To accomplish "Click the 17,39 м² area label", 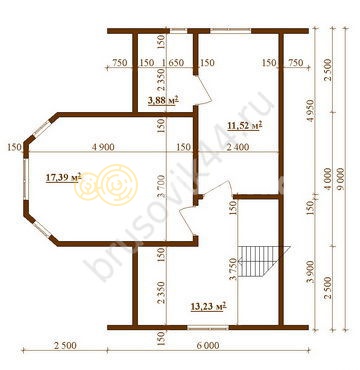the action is (63, 178).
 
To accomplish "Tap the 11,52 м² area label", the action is (245, 126).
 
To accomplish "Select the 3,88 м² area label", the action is (162, 100).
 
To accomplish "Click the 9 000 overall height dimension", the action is (341, 179).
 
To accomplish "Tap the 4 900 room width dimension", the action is (102, 147).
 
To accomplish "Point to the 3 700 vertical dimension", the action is (162, 187).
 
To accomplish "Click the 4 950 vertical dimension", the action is (310, 110).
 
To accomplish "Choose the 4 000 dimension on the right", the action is (328, 180).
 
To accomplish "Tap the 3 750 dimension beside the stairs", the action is (234, 268).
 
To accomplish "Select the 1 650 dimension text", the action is (172, 63).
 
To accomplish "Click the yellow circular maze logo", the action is (107, 184).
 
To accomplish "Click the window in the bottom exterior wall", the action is (208, 328).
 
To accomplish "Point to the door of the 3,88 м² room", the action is (203, 89).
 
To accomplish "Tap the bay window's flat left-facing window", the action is (25, 179).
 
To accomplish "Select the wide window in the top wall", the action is (230, 31).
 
